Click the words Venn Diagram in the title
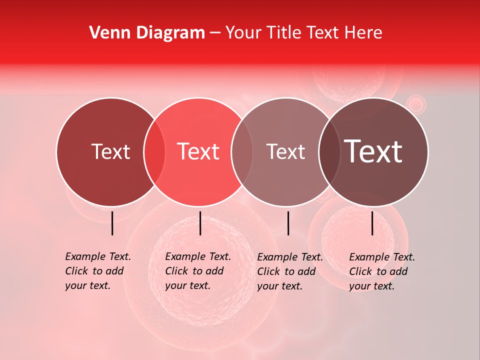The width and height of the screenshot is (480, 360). [x=147, y=33]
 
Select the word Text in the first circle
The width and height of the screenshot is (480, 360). [x=110, y=152]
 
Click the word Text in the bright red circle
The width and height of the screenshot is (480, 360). [x=198, y=152]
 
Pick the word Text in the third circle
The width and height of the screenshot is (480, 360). [x=285, y=152]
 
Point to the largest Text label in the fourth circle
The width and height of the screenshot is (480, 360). [x=373, y=151]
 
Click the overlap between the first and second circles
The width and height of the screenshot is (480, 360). [x=154, y=152]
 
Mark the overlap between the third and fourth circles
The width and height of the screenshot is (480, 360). [x=327, y=152]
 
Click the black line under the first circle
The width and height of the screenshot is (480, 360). [x=112, y=223]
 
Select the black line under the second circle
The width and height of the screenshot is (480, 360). [x=200, y=223]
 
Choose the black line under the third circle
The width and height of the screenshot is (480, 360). [x=288, y=223]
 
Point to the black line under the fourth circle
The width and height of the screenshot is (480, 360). [x=372, y=223]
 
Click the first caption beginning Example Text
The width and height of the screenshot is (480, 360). [x=97, y=271]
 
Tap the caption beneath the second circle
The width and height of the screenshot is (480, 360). [x=197, y=271]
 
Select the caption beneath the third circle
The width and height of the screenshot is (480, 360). [x=289, y=271]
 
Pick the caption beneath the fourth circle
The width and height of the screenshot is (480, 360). [x=381, y=271]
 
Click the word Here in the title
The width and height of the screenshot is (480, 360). [x=364, y=33]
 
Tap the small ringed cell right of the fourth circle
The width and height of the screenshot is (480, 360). [x=415, y=104]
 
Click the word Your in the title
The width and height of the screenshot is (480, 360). [x=243, y=33]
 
